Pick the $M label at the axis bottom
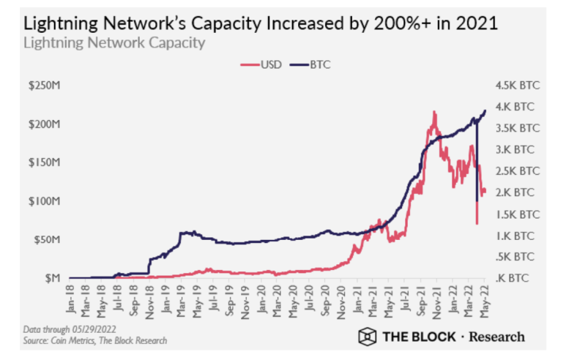pos(51,278)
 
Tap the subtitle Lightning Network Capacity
pos(113,42)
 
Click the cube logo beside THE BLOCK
pos(366,337)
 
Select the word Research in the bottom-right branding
pos(497,337)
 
